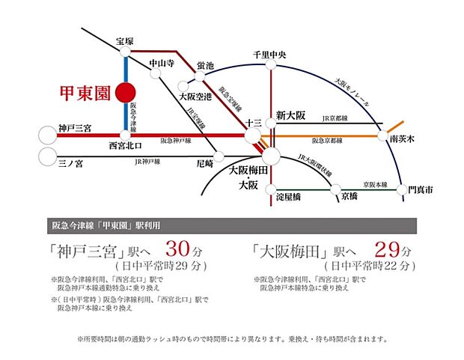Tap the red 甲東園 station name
point(85,95)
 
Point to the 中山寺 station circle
point(156,73)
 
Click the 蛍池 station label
point(206,66)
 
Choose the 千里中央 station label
point(274,54)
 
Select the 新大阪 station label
point(291,116)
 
